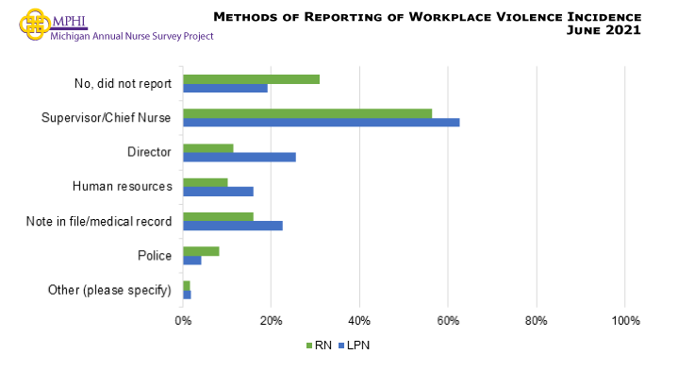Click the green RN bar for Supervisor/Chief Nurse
(307, 113)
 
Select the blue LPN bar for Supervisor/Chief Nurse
(321, 123)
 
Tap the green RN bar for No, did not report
(251, 78)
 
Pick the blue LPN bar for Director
(240, 157)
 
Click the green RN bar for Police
(201, 251)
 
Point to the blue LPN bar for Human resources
(218, 192)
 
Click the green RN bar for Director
(207, 147)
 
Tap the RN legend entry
(322, 346)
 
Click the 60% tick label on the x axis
(448, 321)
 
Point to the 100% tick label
(625, 321)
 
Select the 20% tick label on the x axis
(271, 321)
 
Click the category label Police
(155, 256)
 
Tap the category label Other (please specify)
(109, 290)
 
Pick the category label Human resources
(122, 186)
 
